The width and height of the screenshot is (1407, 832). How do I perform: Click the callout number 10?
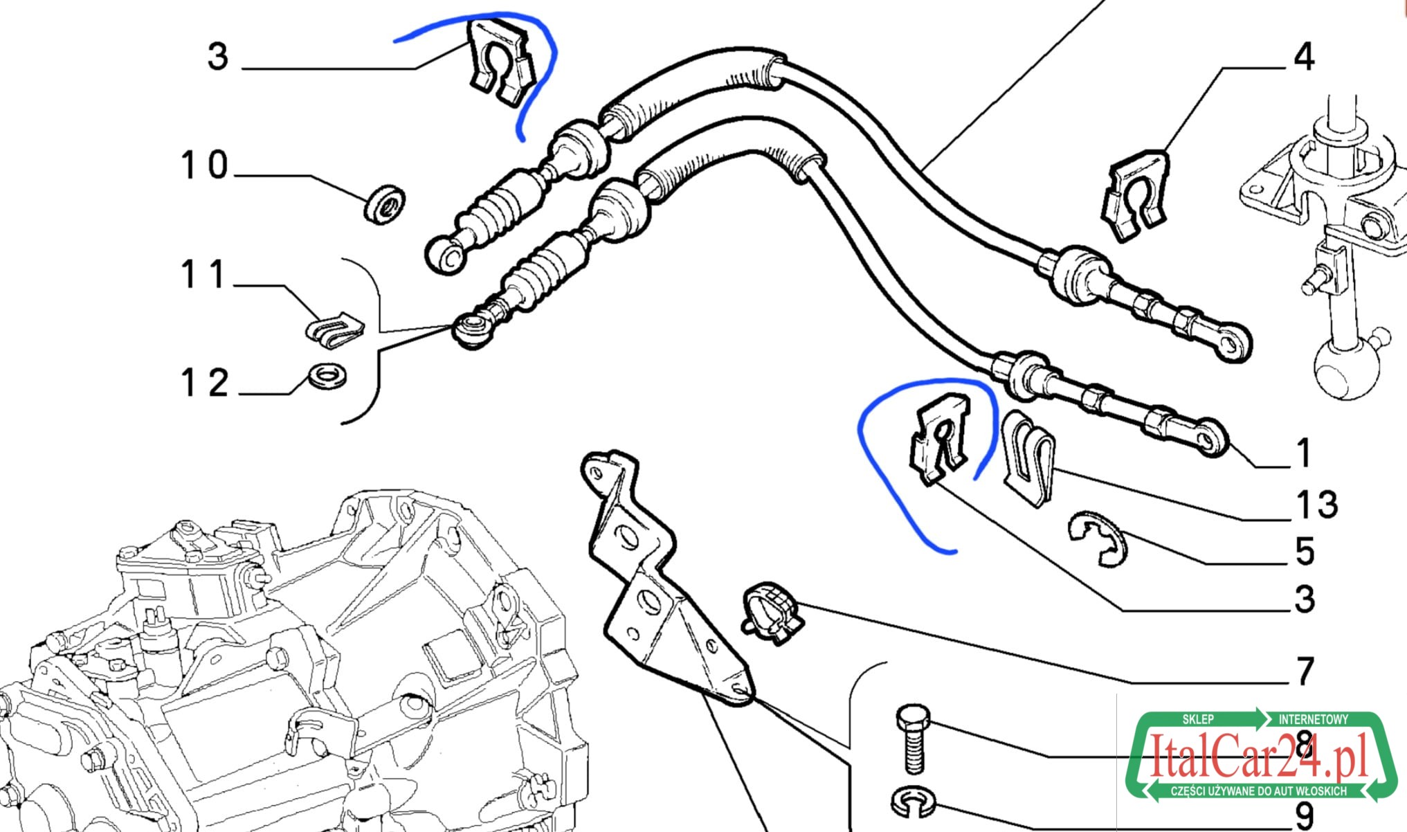204,165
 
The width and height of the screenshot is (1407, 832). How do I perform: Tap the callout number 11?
203,274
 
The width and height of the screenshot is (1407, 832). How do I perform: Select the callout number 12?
204,383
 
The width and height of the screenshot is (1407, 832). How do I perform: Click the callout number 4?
1304,57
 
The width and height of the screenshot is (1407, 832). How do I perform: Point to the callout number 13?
1317,505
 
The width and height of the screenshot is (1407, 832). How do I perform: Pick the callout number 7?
1305,671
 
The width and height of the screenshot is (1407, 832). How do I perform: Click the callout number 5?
1305,552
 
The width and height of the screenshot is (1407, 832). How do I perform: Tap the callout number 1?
1304,453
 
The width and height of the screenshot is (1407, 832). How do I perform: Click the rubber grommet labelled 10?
385,204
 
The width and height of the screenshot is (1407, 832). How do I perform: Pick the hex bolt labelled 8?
914,739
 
